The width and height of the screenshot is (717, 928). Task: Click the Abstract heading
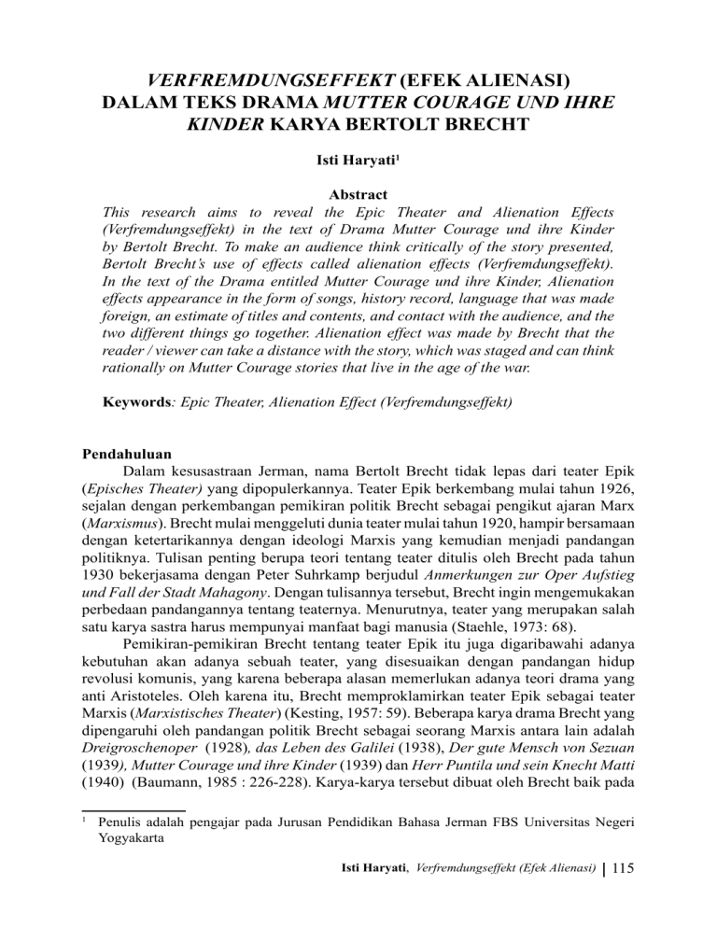click(x=358, y=199)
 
